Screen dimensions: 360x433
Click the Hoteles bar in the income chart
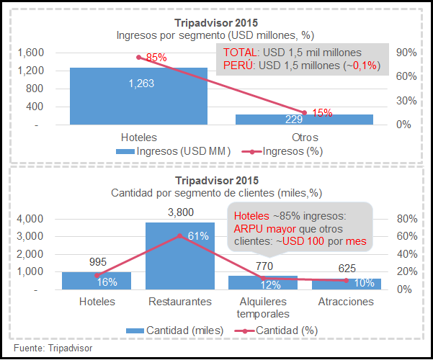[138, 96]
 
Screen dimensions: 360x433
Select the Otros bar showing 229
[304, 120]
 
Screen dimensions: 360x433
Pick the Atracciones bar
[346, 284]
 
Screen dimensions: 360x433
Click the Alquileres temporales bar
[263, 282]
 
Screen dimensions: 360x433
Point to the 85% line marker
[138, 57]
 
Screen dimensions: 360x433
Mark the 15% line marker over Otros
[304, 112]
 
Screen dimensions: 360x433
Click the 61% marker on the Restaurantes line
[180, 235]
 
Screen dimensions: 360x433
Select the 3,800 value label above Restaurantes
[180, 212]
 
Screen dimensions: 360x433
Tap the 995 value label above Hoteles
[97, 263]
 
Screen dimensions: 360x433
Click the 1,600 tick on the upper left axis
[30, 53]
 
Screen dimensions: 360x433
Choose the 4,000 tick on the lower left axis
[30, 219]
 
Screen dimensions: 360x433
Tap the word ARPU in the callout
[247, 229]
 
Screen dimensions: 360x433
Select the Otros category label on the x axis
[304, 137]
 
